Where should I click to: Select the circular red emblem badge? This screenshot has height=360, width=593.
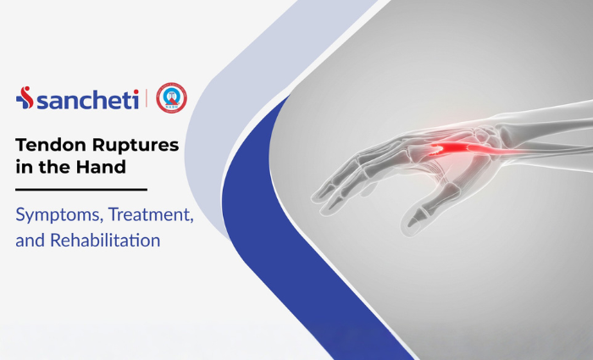click(171, 99)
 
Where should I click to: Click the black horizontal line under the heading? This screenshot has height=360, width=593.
click(81, 190)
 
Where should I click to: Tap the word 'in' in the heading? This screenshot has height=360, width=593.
click(22, 167)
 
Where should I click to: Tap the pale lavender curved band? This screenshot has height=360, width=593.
click(212, 169)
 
